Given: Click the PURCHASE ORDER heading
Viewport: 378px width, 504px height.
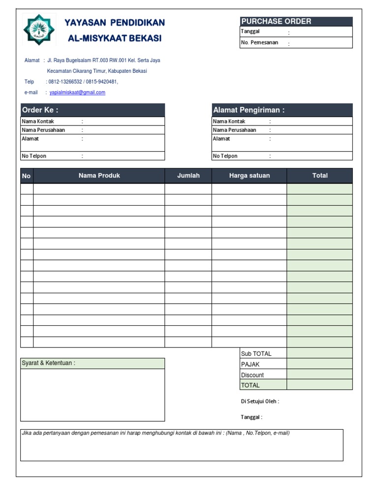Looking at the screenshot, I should click(x=276, y=21).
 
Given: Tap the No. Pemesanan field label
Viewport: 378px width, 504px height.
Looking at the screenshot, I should click(x=259, y=43).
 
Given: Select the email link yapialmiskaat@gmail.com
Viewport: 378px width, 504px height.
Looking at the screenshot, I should click(x=77, y=93).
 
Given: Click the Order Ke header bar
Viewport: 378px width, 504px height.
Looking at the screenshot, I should click(x=93, y=110).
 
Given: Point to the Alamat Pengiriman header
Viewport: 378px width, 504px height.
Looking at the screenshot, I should click(x=282, y=110).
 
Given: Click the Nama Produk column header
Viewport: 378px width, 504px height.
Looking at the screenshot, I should click(x=99, y=176).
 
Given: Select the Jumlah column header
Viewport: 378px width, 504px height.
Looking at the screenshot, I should click(x=189, y=176).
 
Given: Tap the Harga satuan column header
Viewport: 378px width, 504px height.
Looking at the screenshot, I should click(x=250, y=176).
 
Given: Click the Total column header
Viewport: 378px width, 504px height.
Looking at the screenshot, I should click(x=320, y=176).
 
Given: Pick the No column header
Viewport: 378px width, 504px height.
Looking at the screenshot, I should click(x=27, y=176).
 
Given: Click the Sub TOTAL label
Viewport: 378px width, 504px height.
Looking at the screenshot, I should click(x=256, y=354).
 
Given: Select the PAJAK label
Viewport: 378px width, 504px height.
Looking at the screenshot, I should click(x=250, y=365).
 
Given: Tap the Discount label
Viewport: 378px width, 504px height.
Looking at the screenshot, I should click(x=252, y=375).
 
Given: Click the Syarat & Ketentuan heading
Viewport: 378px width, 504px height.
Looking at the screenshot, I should click(x=49, y=363).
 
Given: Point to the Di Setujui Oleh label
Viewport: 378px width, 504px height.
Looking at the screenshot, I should click(x=260, y=402).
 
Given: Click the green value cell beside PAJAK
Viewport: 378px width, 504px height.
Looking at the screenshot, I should click(x=320, y=365).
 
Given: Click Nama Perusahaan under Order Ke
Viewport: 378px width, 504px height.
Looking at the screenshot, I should click(x=43, y=130).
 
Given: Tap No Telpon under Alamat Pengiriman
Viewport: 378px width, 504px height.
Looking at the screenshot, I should click(x=225, y=156).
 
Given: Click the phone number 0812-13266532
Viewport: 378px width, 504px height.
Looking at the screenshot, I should click(x=64, y=82).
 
